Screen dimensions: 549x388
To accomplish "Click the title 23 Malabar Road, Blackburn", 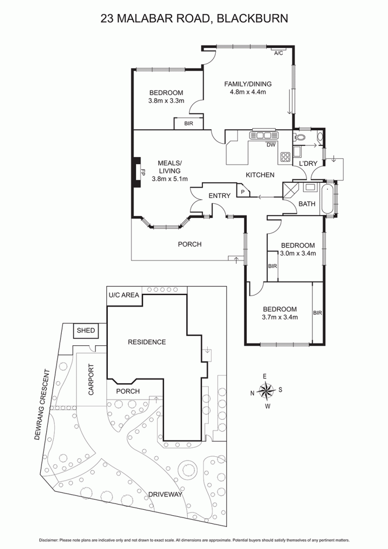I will [x=194, y=19].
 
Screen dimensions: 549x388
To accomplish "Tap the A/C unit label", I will [x=278, y=54].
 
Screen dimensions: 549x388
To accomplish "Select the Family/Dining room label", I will [x=248, y=84].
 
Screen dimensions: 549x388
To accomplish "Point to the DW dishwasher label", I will [x=271, y=145].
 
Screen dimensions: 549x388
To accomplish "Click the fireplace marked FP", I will [x=142, y=172].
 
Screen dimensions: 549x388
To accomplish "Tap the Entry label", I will [x=219, y=196].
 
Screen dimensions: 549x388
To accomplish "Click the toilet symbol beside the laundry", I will [x=299, y=138].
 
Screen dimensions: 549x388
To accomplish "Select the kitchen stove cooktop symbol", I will [x=285, y=158].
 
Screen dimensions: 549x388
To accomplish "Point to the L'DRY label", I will [x=308, y=163].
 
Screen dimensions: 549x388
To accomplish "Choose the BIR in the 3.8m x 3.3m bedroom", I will [x=188, y=124].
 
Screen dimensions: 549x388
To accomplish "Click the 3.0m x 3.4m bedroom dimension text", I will [x=298, y=254].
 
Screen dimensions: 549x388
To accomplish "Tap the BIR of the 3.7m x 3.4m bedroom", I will [x=317, y=313].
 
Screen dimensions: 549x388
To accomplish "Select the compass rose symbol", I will [x=266, y=390].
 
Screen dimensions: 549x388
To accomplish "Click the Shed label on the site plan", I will [x=86, y=330].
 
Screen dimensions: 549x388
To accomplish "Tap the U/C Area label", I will [x=124, y=295].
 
